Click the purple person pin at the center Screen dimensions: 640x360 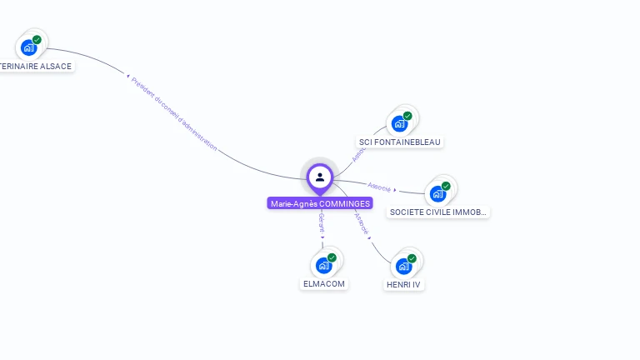[320, 177]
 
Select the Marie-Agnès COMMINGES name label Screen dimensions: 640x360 [320, 203]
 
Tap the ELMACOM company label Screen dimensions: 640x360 [323, 283]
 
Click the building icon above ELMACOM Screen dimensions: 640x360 [323, 266]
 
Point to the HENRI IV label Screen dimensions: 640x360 [404, 284]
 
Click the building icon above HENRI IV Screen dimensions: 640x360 [403, 266]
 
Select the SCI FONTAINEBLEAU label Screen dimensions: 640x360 [399, 142]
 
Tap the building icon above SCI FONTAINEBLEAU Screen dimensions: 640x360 [399, 123]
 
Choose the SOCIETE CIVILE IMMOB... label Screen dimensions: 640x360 [437, 212]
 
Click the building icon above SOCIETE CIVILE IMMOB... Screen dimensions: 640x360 [437, 194]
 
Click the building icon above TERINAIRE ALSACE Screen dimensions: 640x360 [29, 47]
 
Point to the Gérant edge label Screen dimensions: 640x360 [322, 222]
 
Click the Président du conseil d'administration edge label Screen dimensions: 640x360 [174, 114]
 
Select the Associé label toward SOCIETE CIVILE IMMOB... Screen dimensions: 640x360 [379, 187]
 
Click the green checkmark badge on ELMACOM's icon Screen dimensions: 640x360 [332, 257]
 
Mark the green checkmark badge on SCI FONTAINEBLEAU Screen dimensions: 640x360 [407, 116]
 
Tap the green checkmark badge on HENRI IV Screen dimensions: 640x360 [412, 257]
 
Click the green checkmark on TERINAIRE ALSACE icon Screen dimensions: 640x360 [37, 39]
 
